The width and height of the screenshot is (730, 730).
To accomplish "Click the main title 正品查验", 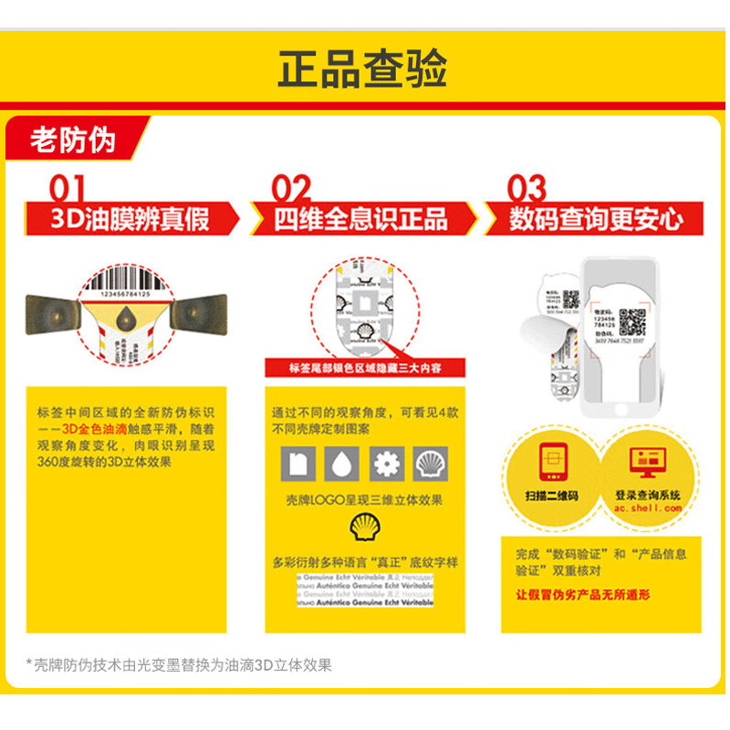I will pos(363,68).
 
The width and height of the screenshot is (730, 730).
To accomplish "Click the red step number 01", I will pos(68,189).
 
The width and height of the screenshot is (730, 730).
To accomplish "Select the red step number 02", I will pos(292,189).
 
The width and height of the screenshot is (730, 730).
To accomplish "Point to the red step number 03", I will pos(527,189).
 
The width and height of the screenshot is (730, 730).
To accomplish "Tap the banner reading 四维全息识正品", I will pos(362,219).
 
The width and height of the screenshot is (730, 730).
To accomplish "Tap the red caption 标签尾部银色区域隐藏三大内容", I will pos(364,368).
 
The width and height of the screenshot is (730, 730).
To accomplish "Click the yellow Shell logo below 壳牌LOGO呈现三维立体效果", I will pos(364,527).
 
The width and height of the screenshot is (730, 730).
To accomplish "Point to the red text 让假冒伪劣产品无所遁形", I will pos(583,595).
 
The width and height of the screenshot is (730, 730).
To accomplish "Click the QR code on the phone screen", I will pos(633,322).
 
